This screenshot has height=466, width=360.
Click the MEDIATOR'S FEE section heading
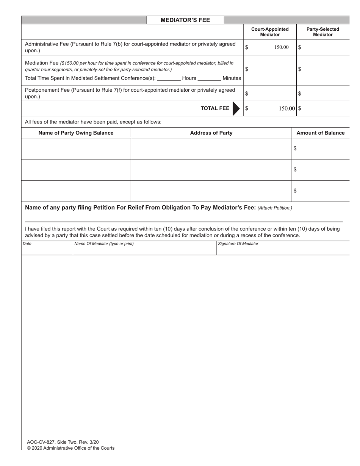coord(185,20)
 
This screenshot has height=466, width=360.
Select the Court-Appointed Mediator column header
coord(270,32)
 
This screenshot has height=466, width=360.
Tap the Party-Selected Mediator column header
coord(322,32)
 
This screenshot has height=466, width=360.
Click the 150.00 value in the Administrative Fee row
coord(281,47)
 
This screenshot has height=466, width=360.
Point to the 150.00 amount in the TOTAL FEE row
coord(287,108)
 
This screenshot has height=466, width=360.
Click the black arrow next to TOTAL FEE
coord(236,108)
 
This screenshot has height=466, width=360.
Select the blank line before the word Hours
coord(169,78)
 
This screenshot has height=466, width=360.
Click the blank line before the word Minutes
coord(209,78)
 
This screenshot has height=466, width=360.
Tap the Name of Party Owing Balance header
coord(76,133)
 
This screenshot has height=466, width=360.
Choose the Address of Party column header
coord(211,133)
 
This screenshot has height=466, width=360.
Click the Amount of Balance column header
coord(321,133)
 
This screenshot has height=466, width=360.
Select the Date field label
coord(27,244)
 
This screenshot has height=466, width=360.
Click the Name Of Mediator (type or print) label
coord(104,244)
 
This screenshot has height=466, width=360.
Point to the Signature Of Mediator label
coord(238,244)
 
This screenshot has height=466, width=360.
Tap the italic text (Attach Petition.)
coord(275,208)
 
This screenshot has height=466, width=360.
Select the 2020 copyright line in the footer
coord(70,448)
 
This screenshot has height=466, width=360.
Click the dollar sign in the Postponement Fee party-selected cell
coord(300,94)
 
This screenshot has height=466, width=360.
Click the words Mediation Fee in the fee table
coord(42,63)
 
